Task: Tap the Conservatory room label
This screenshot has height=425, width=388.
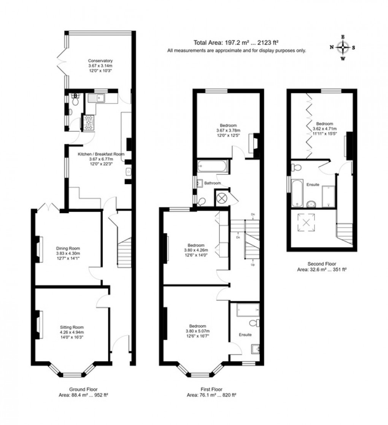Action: point(100,65)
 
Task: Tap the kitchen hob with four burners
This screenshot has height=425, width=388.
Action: point(89,123)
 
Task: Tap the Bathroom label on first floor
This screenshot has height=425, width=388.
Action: point(212,183)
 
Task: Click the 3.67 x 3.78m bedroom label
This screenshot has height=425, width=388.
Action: point(228,130)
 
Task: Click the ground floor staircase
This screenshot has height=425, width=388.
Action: point(124,251)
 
